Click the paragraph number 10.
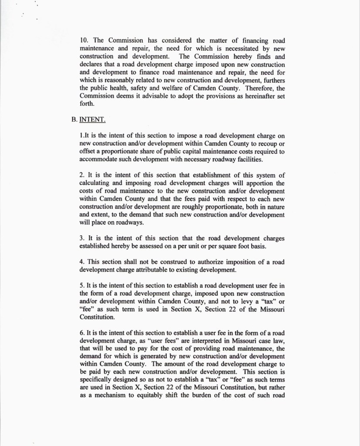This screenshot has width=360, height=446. click(x=84, y=41)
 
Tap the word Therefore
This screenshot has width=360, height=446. click(x=257, y=88)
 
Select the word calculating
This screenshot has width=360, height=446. click(x=98, y=184)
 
